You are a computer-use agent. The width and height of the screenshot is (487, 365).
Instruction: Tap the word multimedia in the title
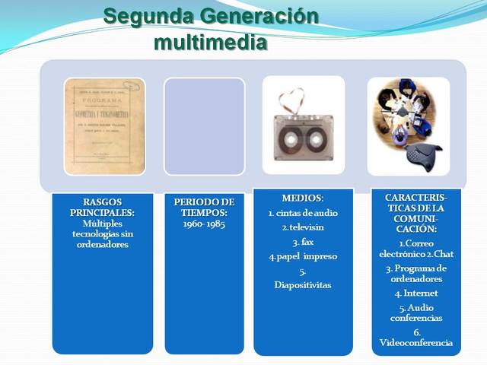coord(210,41)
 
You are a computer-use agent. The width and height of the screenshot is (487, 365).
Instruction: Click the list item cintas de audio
coord(303,213)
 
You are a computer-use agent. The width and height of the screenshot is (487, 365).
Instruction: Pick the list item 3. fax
coord(303,242)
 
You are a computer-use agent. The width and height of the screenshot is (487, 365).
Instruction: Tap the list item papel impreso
coord(303,256)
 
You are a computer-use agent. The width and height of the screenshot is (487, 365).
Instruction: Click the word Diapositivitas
coord(303,285)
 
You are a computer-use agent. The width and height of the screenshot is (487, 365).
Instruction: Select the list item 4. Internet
coord(416,293)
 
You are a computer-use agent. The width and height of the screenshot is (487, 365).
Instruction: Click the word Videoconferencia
coord(416,342)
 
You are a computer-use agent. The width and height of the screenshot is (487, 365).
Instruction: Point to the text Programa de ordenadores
coord(416,273)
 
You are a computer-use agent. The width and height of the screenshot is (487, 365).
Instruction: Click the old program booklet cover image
coord(104,126)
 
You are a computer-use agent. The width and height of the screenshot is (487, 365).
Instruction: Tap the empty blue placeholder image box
coord(204,126)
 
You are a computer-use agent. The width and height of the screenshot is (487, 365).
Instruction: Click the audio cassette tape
coord(303,138)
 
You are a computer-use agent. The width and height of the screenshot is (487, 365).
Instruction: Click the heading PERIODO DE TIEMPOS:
coord(203,207)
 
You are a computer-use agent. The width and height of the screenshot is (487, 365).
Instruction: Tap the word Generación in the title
coord(253,15)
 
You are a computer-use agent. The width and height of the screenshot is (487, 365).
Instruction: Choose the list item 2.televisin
coord(303,227)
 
